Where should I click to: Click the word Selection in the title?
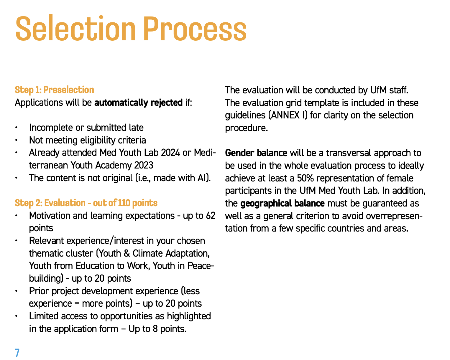coord(75,29)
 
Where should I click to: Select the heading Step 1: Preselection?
coord(54,90)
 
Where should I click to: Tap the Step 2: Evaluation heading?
coord(86,203)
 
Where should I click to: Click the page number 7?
coord(17,353)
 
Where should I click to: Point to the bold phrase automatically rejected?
coord(139,103)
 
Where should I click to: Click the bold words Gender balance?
coord(256,153)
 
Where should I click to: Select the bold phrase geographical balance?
coord(283,204)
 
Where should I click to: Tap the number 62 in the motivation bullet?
coord(211,216)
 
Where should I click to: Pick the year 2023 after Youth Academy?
coord(144,165)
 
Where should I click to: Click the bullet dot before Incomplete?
coord(17,128)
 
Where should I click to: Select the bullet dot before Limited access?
coord(17,316)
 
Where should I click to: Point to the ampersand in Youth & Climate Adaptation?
coord(127,253)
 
